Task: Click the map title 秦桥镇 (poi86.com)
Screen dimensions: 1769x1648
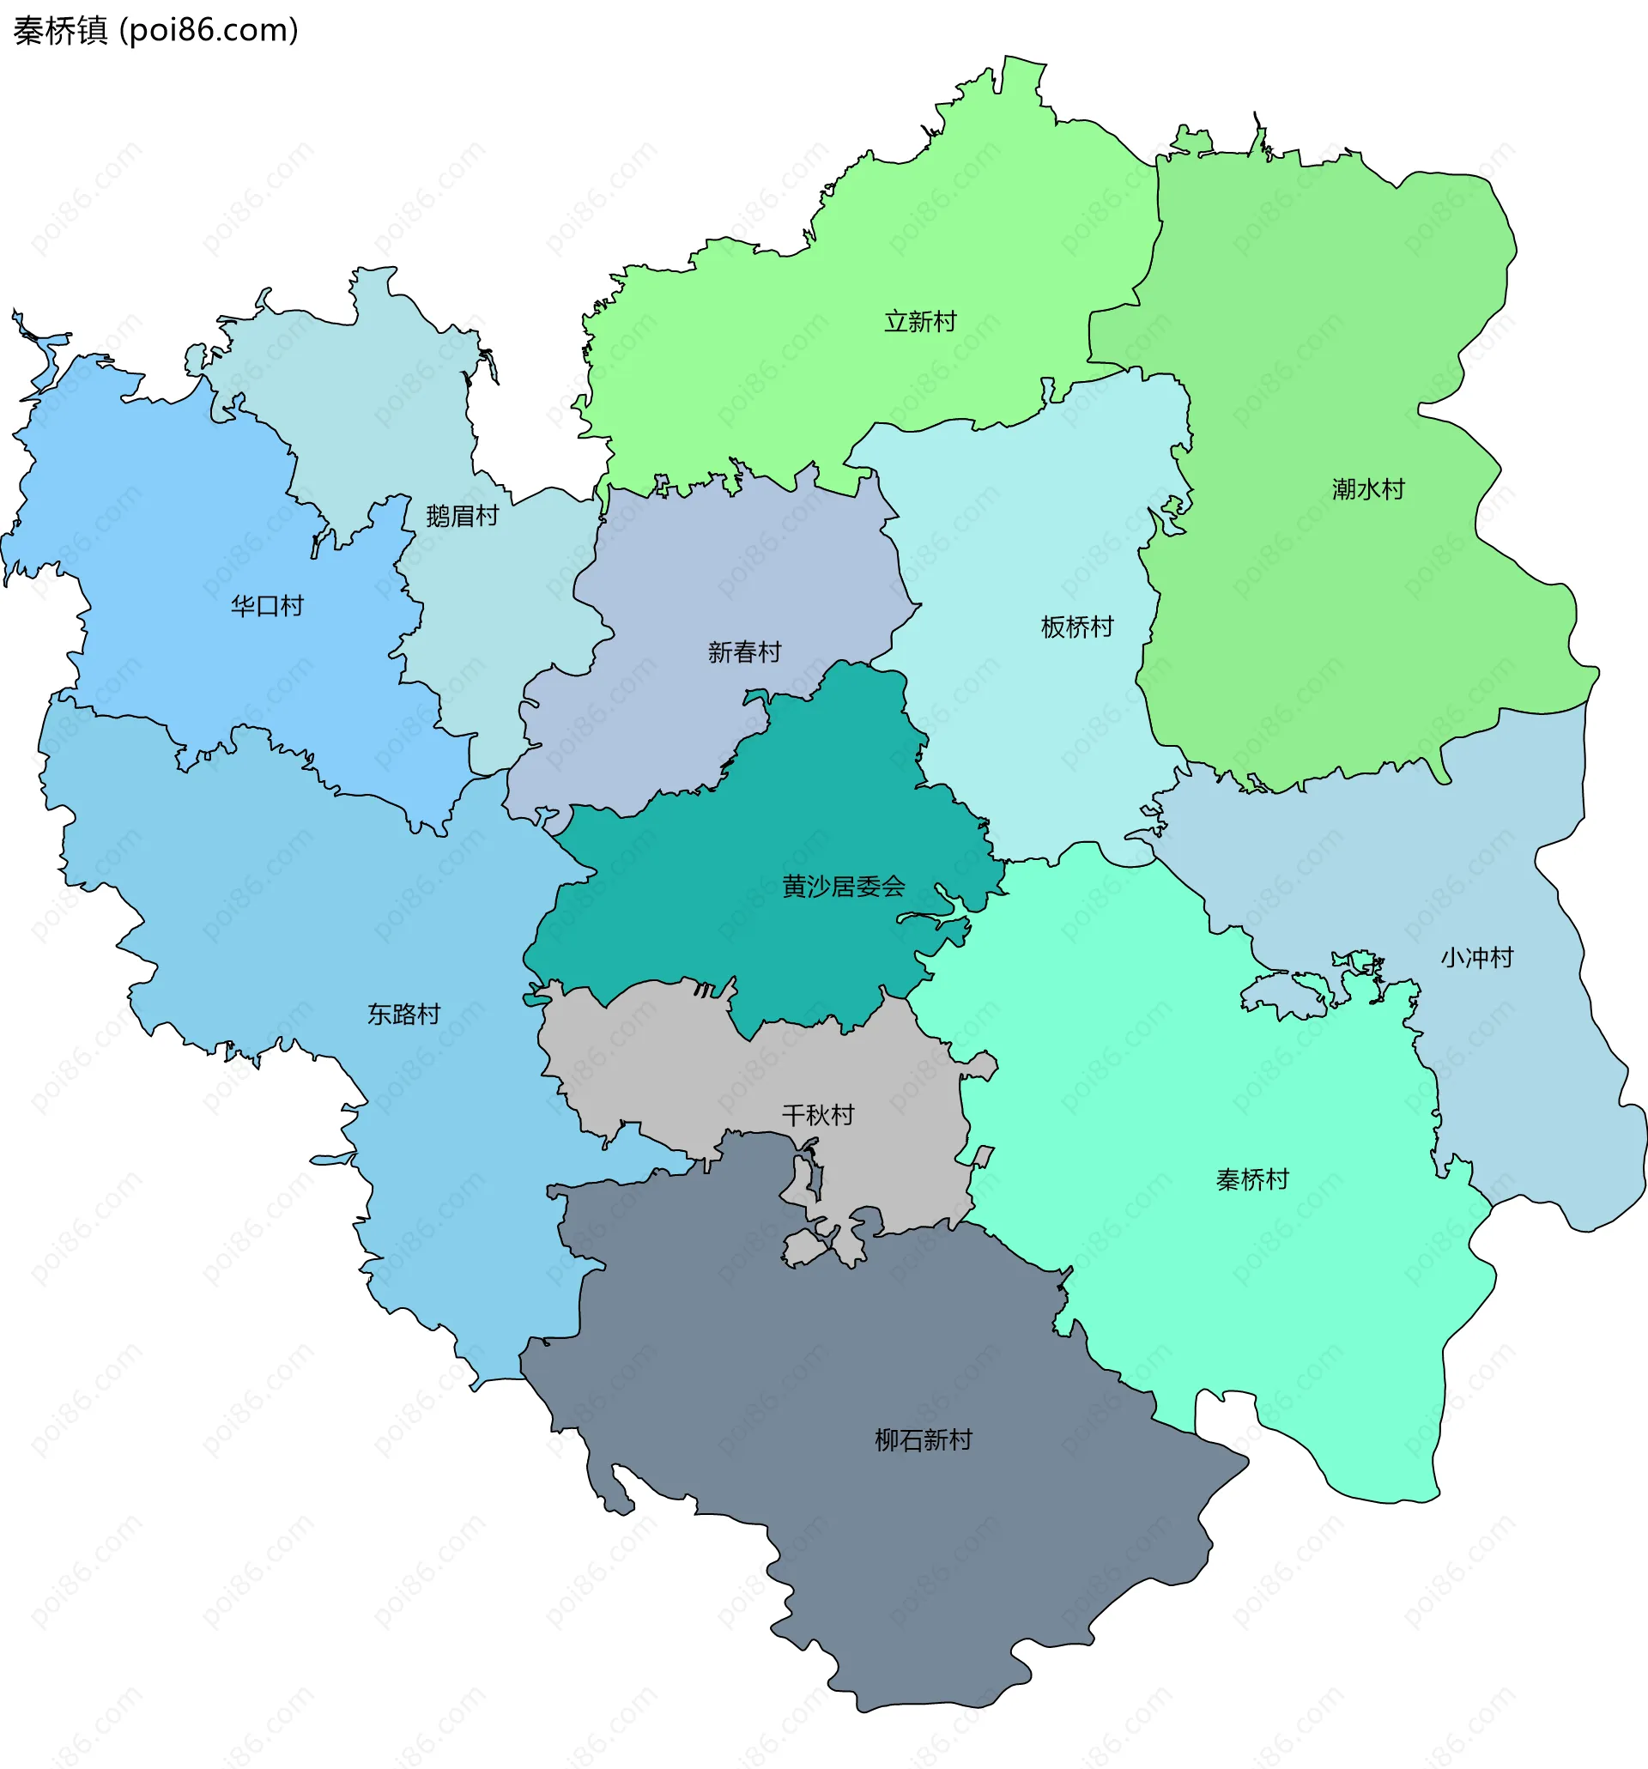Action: (155, 30)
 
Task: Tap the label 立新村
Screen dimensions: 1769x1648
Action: (920, 321)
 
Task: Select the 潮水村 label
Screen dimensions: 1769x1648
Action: (1367, 488)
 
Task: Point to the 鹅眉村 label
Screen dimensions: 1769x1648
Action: (462, 515)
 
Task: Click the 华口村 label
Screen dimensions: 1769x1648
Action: (267, 606)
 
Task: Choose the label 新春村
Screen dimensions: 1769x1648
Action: (744, 652)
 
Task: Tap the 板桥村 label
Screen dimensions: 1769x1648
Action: (1076, 627)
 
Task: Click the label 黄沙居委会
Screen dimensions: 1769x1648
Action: (843, 887)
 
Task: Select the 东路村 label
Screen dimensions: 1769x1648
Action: (403, 1014)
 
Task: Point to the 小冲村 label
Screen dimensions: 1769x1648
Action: (1477, 958)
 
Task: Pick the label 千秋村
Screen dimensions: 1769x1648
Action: (818, 1115)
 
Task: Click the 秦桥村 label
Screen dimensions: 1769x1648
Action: (1252, 1180)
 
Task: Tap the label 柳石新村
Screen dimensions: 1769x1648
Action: (923, 1439)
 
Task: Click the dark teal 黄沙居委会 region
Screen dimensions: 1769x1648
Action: (801, 801)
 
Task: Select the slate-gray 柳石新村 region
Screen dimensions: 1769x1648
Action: (890, 1557)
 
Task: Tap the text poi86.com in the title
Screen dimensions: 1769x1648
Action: (209, 30)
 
